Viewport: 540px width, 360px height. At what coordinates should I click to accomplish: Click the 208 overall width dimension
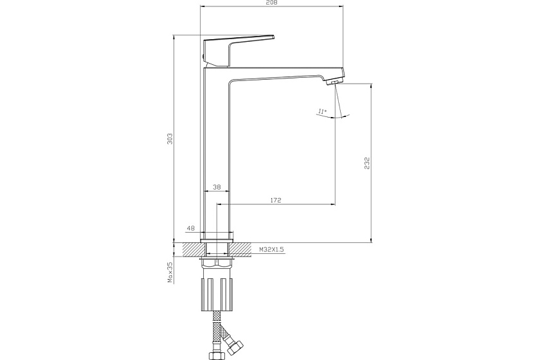tap(272, 3)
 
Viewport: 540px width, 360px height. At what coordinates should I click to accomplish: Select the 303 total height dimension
tap(170, 138)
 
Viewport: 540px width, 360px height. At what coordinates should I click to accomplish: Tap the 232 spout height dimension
tap(367, 163)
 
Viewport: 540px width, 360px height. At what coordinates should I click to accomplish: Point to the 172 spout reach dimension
tap(276, 200)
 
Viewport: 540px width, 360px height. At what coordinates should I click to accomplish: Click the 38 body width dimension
tap(217, 187)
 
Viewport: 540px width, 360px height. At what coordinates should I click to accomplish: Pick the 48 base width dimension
tap(190, 228)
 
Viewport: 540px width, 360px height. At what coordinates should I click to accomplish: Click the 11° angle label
tap(322, 111)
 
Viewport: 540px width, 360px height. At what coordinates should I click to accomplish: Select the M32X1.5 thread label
tap(271, 249)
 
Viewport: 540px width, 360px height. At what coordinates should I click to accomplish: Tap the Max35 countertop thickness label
tap(170, 272)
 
